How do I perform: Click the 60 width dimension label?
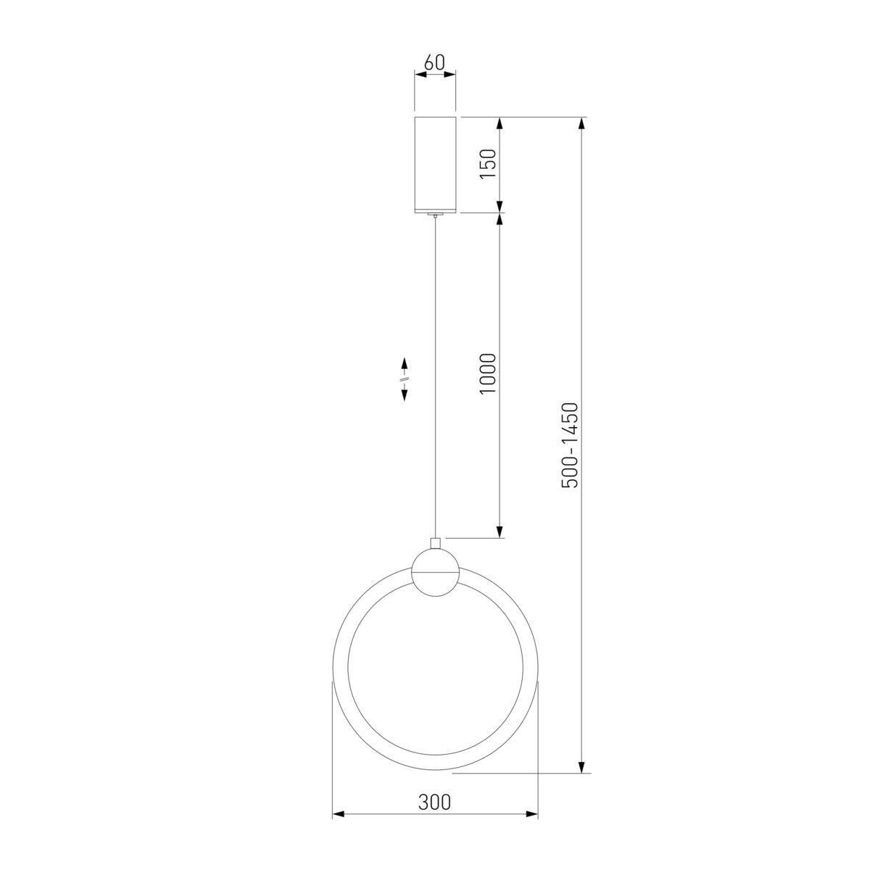(435, 63)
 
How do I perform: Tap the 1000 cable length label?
(488, 374)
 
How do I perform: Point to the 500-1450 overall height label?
(570, 444)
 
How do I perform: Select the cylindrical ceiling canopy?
(435, 165)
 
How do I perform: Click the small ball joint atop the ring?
(436, 573)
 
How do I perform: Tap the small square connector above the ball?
(435, 543)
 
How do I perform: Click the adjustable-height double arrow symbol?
(405, 379)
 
